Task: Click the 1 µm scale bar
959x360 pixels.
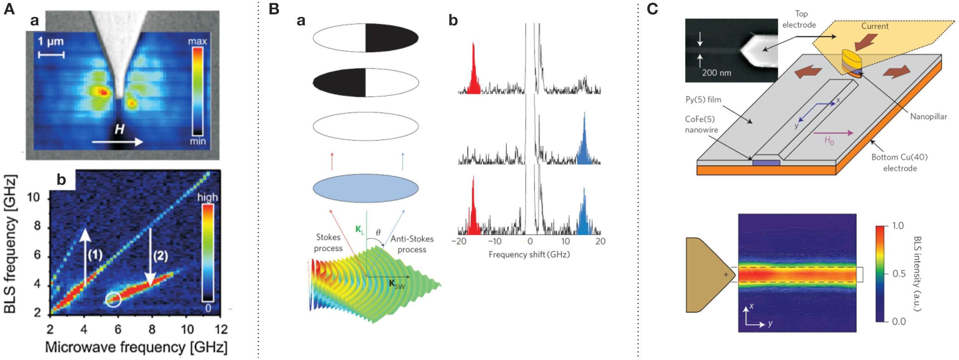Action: pyautogui.click(x=51, y=55)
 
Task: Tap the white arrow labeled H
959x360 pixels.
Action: pyautogui.click(x=117, y=142)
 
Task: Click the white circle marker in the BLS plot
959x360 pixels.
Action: pyautogui.click(x=113, y=300)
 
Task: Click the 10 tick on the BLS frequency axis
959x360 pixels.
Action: pyautogui.click(x=34, y=197)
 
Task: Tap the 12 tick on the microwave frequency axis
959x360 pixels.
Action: pyautogui.click(x=221, y=329)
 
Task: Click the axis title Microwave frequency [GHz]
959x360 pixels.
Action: pyautogui.click(x=136, y=347)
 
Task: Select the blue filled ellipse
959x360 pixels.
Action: pyautogui.click(x=365, y=188)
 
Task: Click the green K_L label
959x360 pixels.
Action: pyautogui.click(x=359, y=230)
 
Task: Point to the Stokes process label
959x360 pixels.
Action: pyautogui.click(x=328, y=243)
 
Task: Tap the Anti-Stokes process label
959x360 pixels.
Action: pyautogui.click(x=412, y=244)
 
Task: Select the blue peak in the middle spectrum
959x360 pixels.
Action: pyautogui.click(x=584, y=142)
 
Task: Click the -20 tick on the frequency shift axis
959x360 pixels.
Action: pyautogui.click(x=459, y=241)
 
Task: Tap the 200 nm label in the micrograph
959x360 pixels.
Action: pyautogui.click(x=716, y=73)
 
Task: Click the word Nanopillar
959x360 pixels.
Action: pyautogui.click(x=928, y=116)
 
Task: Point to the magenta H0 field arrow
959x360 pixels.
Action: pyautogui.click(x=833, y=133)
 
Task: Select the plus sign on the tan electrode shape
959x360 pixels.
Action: pyautogui.click(x=726, y=274)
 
